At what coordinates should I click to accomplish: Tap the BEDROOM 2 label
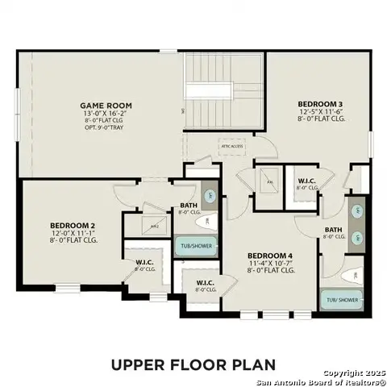click(x=73, y=225)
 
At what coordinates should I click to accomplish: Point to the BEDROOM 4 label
click(x=270, y=255)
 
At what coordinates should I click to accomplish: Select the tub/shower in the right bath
click(x=339, y=300)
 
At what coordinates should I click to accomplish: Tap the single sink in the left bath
click(x=208, y=195)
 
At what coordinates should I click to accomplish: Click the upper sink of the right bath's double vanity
click(x=358, y=210)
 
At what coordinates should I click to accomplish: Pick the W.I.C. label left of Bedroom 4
click(x=205, y=282)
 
